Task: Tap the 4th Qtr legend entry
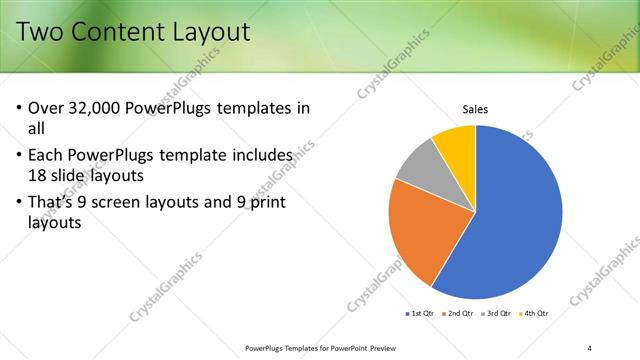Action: (536, 314)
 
